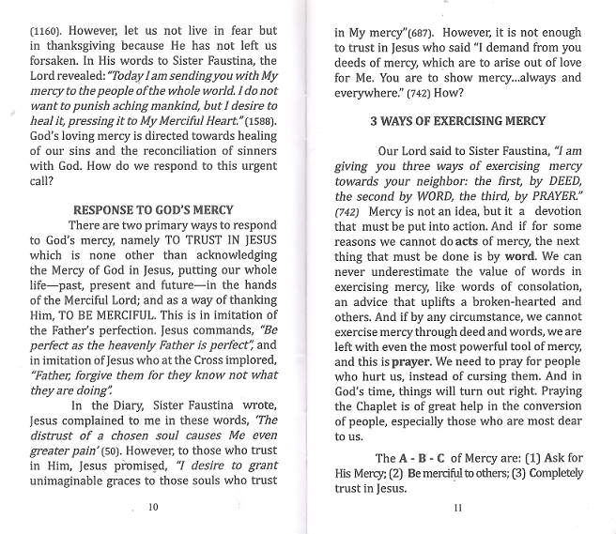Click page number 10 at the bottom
(x=155, y=507)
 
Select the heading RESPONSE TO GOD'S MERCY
(x=153, y=209)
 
